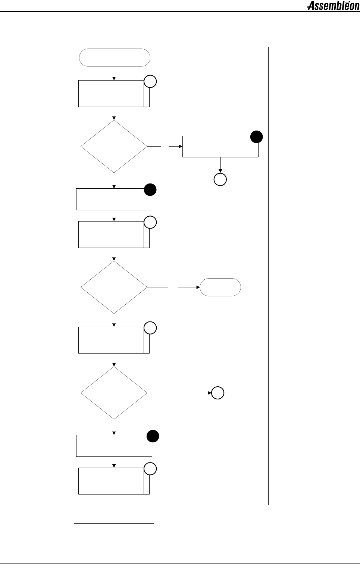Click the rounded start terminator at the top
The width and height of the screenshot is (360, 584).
tap(115, 57)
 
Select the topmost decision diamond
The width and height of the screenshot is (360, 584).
tap(114, 147)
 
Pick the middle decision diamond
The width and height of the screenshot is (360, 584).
tap(114, 287)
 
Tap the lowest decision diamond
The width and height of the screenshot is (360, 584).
tap(114, 393)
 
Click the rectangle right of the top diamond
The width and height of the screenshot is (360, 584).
tap(220, 147)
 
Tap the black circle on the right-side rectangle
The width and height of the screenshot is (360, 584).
tap(257, 137)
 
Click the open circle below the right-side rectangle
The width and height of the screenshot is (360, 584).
tap(220, 180)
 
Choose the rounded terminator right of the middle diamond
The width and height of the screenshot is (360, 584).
tap(220, 287)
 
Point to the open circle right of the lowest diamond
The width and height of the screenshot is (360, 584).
tap(218, 393)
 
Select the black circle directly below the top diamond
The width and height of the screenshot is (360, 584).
tap(150, 190)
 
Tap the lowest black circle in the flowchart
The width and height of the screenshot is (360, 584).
tap(153, 436)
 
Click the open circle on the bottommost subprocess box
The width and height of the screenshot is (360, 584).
tap(150, 469)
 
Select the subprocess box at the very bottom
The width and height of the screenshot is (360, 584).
tap(114, 481)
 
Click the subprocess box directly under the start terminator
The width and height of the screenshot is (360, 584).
tap(114, 94)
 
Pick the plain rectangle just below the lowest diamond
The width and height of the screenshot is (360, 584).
tap(114, 446)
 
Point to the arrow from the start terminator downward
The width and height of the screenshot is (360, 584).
tap(114, 73)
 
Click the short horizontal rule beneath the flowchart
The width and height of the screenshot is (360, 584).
tap(114, 524)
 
